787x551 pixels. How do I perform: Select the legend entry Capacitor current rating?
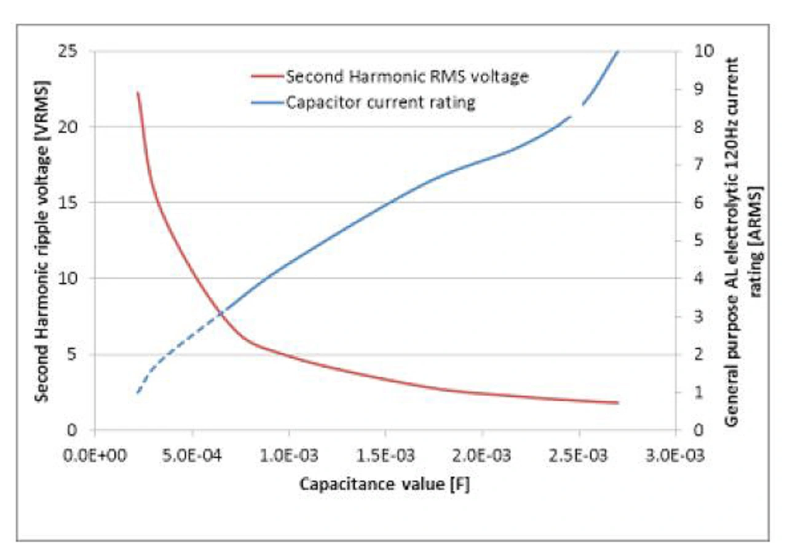[x=381, y=102]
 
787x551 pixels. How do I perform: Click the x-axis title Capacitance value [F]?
[x=386, y=485]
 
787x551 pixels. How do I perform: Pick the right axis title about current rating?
[x=742, y=240]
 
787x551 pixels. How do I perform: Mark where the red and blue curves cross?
[x=220, y=315]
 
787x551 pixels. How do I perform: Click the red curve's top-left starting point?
[x=138, y=92]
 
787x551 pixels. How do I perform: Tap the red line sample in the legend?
[x=266, y=77]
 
